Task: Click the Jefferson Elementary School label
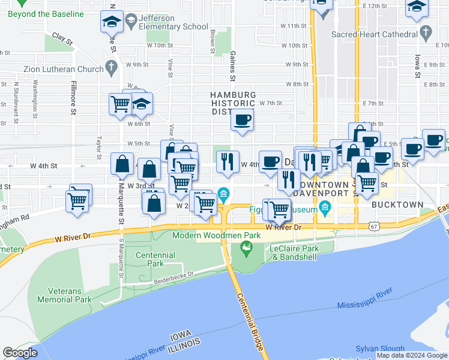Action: click(x=164, y=22)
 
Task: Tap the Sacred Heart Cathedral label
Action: click(x=374, y=34)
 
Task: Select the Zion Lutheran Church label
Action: click(x=64, y=69)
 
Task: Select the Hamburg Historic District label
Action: click(x=233, y=103)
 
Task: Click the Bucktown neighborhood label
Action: click(x=397, y=204)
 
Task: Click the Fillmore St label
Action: click(x=73, y=98)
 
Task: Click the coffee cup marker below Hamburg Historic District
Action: click(x=243, y=120)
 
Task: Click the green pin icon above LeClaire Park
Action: click(x=246, y=247)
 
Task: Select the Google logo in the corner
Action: click(x=20, y=353)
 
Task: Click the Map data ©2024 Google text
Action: click(x=412, y=355)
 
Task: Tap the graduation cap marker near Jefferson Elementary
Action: click(x=111, y=22)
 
